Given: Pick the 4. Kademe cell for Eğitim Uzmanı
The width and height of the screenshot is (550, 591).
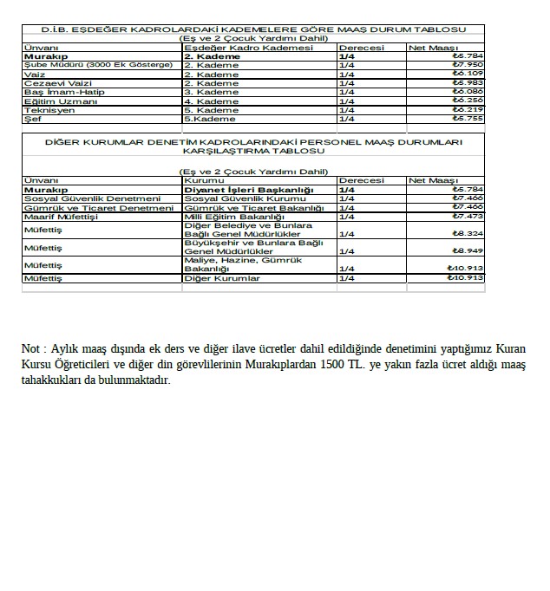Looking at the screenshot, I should (x=212, y=101).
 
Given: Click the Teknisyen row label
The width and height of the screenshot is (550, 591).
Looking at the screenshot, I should (x=50, y=110).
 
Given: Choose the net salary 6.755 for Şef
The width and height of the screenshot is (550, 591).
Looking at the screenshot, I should (x=468, y=119).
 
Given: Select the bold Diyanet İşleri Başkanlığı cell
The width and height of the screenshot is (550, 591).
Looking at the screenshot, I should (x=249, y=189).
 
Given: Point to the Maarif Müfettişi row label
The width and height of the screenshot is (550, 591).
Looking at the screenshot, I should (x=62, y=217).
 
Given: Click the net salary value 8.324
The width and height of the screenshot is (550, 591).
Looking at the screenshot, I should (x=468, y=233).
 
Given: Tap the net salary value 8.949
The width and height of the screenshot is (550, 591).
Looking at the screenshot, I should (x=468, y=251).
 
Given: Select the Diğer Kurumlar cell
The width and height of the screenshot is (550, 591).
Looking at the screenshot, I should (x=222, y=278).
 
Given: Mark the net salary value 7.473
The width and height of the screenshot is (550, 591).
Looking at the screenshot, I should (x=468, y=217).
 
